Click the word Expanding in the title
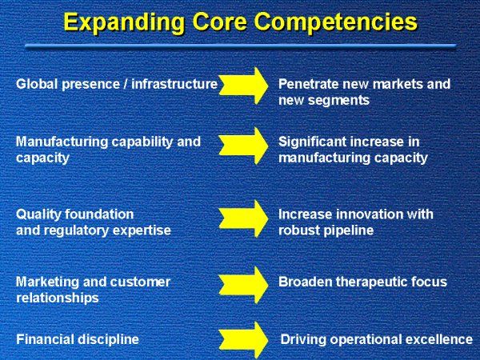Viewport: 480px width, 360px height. (124, 23)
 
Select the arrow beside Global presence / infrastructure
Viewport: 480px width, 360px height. (244, 86)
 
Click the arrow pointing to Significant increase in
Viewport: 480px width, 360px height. (244, 146)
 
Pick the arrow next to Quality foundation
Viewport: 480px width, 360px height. (244, 218)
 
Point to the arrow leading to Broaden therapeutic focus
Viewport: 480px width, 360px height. (244, 285)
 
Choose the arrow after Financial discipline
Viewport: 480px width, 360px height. (244, 340)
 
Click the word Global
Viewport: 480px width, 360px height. (37, 84)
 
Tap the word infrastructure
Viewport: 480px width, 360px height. (174, 84)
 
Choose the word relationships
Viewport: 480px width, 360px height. (58, 298)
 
